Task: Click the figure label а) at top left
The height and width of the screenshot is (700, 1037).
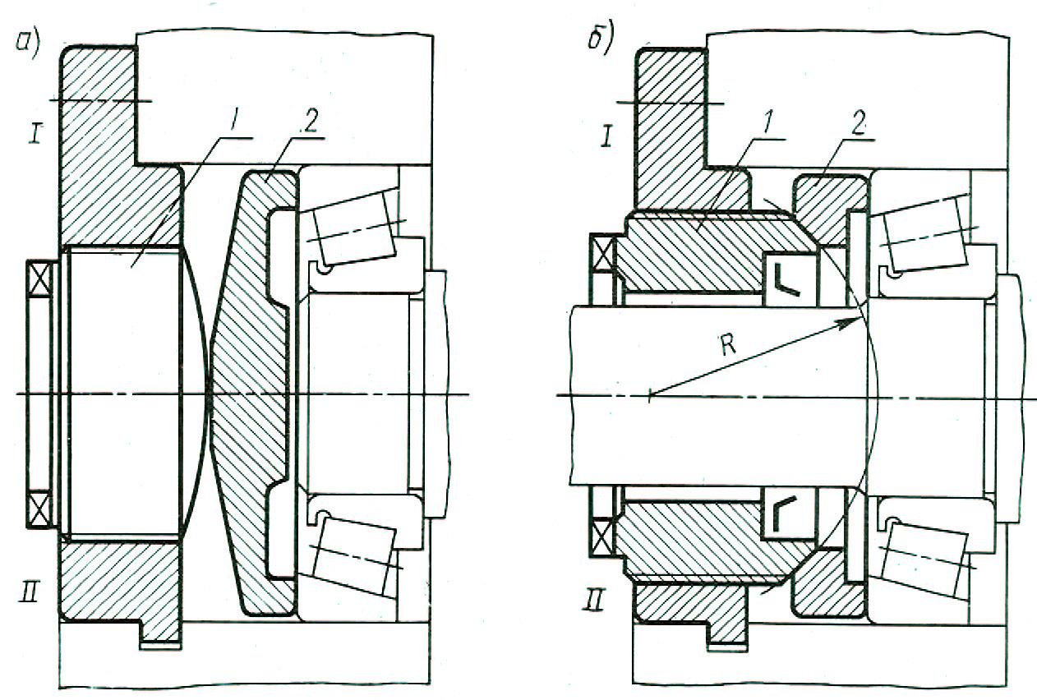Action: coord(28,42)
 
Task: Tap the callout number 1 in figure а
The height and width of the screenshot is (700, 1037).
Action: coord(234,122)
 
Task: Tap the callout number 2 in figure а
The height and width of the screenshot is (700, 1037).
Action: coord(310,122)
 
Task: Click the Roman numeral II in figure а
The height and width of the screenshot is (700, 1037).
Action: coord(29,592)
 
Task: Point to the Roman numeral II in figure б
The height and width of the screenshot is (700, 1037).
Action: coord(594,601)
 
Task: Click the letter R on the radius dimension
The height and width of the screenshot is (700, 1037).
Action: coord(728,345)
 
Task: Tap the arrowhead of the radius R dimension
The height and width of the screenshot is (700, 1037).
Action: coord(852,320)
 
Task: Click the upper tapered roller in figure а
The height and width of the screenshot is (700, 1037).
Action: coord(355,228)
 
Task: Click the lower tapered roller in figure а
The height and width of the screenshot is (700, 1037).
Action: coord(355,554)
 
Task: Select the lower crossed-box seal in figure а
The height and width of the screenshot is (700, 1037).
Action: coord(39,509)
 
